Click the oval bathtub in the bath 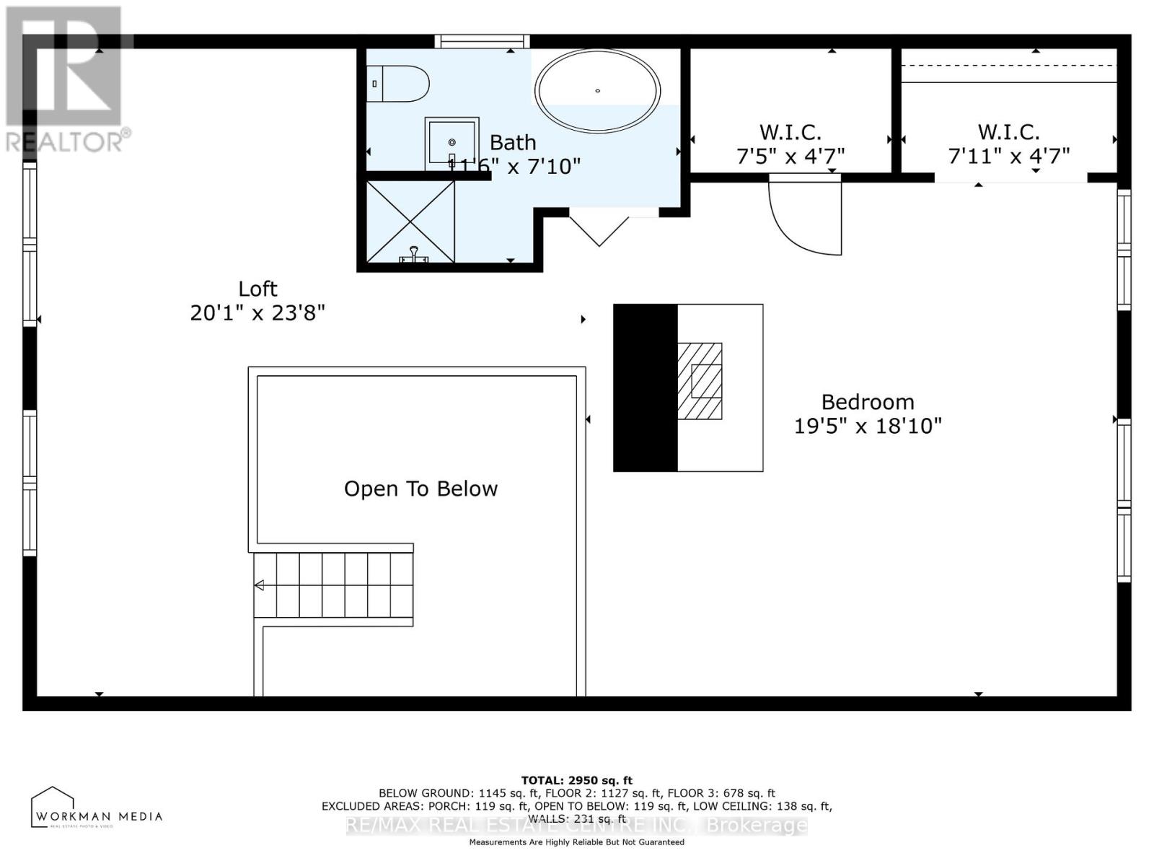click(x=597, y=91)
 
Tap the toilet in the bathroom click(x=398, y=84)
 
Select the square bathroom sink click(x=452, y=142)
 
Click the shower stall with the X click(x=410, y=222)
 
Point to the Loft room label click(x=257, y=289)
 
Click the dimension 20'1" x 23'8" click(x=257, y=313)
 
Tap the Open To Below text click(x=420, y=489)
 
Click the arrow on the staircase click(x=260, y=585)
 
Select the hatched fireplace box click(x=699, y=381)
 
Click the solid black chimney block click(x=645, y=388)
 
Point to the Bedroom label click(x=868, y=402)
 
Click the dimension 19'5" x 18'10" click(x=868, y=427)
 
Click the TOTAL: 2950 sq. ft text click(x=576, y=780)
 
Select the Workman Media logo click(x=96, y=808)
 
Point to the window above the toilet click(x=482, y=42)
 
